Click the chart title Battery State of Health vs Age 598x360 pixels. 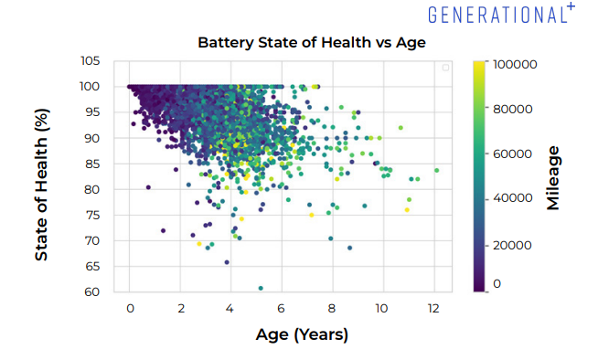click(x=300, y=42)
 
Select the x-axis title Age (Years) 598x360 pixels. click(x=302, y=334)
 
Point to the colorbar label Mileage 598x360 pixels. click(x=553, y=177)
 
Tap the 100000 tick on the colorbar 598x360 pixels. click(x=514, y=65)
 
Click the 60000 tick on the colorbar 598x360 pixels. click(x=511, y=154)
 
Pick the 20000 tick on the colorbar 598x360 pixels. click(x=511, y=241)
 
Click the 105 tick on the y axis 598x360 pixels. click(x=90, y=61)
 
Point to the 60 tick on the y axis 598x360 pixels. click(x=93, y=292)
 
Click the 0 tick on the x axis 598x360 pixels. click(x=131, y=309)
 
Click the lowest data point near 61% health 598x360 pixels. click(x=261, y=289)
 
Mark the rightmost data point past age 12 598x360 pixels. click(x=437, y=170)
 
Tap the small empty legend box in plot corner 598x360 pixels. click(x=446, y=68)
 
